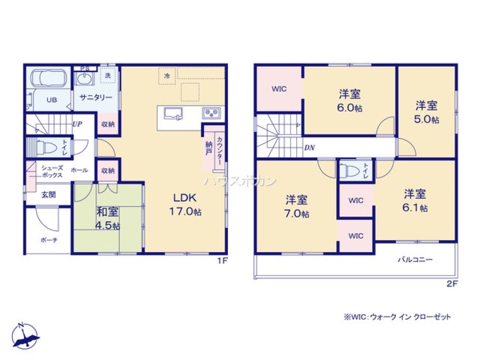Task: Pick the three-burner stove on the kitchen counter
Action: tap(211, 113)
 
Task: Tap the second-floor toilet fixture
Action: tap(349, 170)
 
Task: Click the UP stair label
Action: tap(77, 124)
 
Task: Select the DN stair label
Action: tap(310, 147)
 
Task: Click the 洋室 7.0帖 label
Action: tap(297, 206)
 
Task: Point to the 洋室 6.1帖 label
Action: tap(415, 201)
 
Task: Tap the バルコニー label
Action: tap(415, 259)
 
